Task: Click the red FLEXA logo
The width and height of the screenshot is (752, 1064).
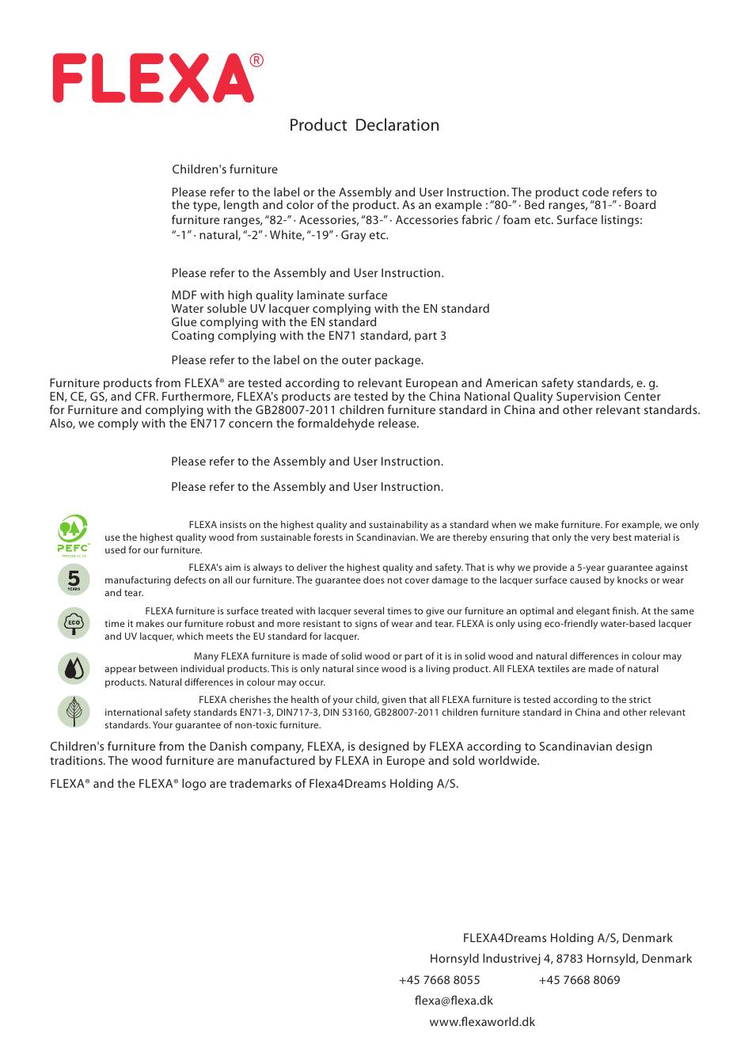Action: click(150, 78)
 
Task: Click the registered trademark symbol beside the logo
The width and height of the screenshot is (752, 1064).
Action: click(256, 61)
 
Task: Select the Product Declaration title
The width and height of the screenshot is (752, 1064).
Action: click(364, 125)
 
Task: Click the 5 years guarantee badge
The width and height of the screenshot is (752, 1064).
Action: click(74, 579)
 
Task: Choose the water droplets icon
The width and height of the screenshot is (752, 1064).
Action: click(74, 669)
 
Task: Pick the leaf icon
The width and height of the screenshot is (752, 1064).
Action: click(74, 712)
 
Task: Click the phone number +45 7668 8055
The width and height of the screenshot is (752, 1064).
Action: click(439, 980)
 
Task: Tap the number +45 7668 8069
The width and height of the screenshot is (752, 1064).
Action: click(579, 980)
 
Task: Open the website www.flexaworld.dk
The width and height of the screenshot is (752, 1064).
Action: click(482, 1022)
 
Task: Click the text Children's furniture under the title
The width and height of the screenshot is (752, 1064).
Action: click(225, 169)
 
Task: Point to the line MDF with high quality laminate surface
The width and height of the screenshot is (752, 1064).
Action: click(279, 295)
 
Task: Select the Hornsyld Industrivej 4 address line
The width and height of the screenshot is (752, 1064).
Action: click(560, 959)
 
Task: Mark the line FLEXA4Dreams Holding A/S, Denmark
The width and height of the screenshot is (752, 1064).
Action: click(568, 938)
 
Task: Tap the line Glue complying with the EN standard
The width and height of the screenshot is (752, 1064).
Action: click(274, 322)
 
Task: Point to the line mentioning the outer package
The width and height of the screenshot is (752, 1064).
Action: click(297, 360)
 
